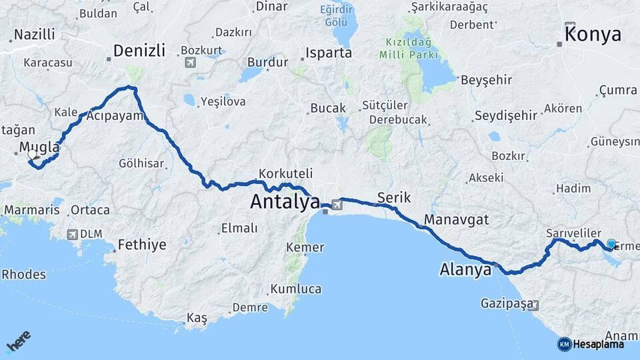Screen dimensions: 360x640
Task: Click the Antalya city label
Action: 285,201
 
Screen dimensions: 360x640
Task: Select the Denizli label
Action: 139,51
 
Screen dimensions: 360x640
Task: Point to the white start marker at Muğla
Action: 32,155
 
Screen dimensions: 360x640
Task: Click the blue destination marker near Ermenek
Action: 611,244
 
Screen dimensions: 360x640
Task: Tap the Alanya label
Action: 465,270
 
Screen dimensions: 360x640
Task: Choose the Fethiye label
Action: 141,245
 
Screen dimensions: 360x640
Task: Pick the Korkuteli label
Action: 285,173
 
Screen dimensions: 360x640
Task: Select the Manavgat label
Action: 457,219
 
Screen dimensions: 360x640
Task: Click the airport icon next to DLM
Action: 72,235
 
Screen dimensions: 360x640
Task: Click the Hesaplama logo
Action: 591,344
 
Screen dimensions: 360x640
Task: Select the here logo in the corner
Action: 19,342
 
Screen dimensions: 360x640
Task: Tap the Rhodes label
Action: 24,274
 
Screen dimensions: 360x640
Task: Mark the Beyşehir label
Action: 486,80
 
